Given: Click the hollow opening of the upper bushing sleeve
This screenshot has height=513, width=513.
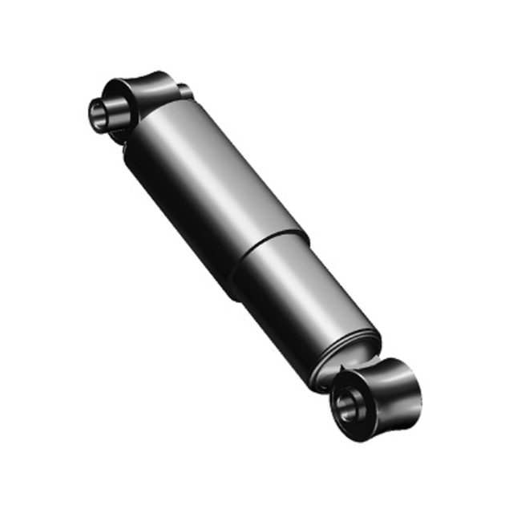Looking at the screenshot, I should pos(99,113).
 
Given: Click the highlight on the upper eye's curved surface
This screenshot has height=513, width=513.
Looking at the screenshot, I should pos(156,80).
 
